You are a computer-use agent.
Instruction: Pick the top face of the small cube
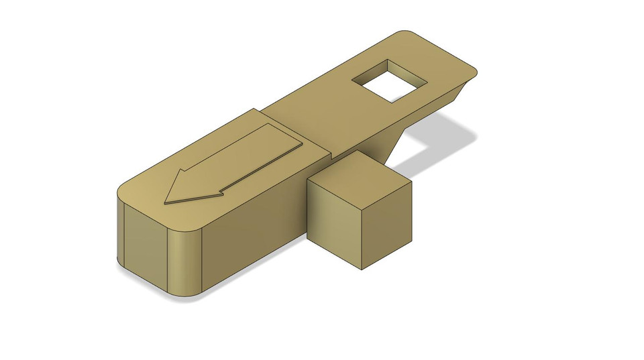click(x=360, y=176)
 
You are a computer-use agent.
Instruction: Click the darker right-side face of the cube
click(x=387, y=227)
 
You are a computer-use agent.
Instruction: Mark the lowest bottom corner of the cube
click(x=362, y=270)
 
